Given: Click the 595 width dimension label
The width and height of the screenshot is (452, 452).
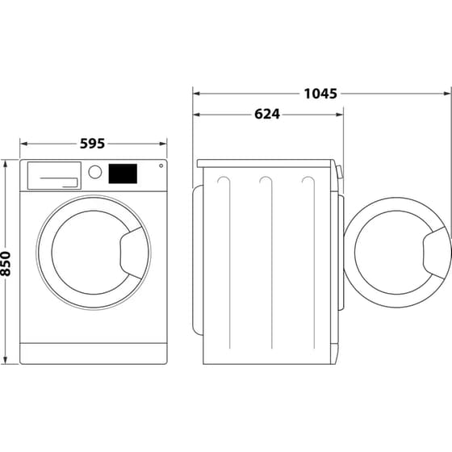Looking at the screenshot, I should point(93,144).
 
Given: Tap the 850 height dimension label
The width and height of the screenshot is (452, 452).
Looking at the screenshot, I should point(8,262).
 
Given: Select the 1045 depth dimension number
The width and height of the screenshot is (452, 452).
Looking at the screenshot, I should point(320,93).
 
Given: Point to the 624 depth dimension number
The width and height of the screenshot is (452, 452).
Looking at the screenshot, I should point(266,115).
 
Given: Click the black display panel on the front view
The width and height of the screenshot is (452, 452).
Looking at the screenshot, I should point(123,173).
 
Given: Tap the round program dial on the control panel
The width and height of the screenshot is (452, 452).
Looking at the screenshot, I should point(95,172).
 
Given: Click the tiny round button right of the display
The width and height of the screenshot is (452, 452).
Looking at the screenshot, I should point(161,166).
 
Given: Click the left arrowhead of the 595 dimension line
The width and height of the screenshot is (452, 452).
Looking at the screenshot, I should point(23,144).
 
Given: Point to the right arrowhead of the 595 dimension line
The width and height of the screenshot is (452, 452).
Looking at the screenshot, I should point(163,144).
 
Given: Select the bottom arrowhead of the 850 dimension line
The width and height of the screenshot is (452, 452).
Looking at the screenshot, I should point(8,361).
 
